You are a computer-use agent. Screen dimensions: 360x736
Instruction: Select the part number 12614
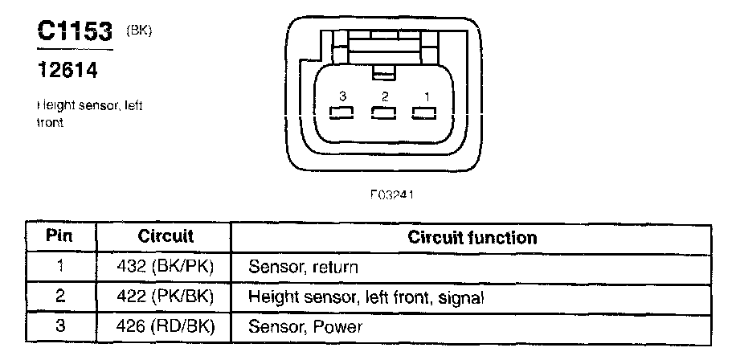(67, 71)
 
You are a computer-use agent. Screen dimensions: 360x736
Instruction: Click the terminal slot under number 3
(342, 113)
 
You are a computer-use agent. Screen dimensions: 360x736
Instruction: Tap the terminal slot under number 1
(425, 113)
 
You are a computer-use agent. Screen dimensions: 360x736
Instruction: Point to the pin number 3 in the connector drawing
(342, 96)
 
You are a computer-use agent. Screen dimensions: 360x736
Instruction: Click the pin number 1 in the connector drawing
(427, 96)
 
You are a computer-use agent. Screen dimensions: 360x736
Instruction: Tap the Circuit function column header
(472, 237)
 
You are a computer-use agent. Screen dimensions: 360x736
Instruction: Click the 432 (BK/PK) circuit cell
(166, 267)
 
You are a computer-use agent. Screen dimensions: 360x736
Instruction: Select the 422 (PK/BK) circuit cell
(166, 297)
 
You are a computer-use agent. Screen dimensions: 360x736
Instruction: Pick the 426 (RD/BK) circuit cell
(166, 326)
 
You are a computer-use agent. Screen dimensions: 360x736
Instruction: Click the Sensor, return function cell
(303, 267)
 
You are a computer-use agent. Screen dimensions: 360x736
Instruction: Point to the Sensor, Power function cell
(305, 327)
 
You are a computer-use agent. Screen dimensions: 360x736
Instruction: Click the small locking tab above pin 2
(384, 75)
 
